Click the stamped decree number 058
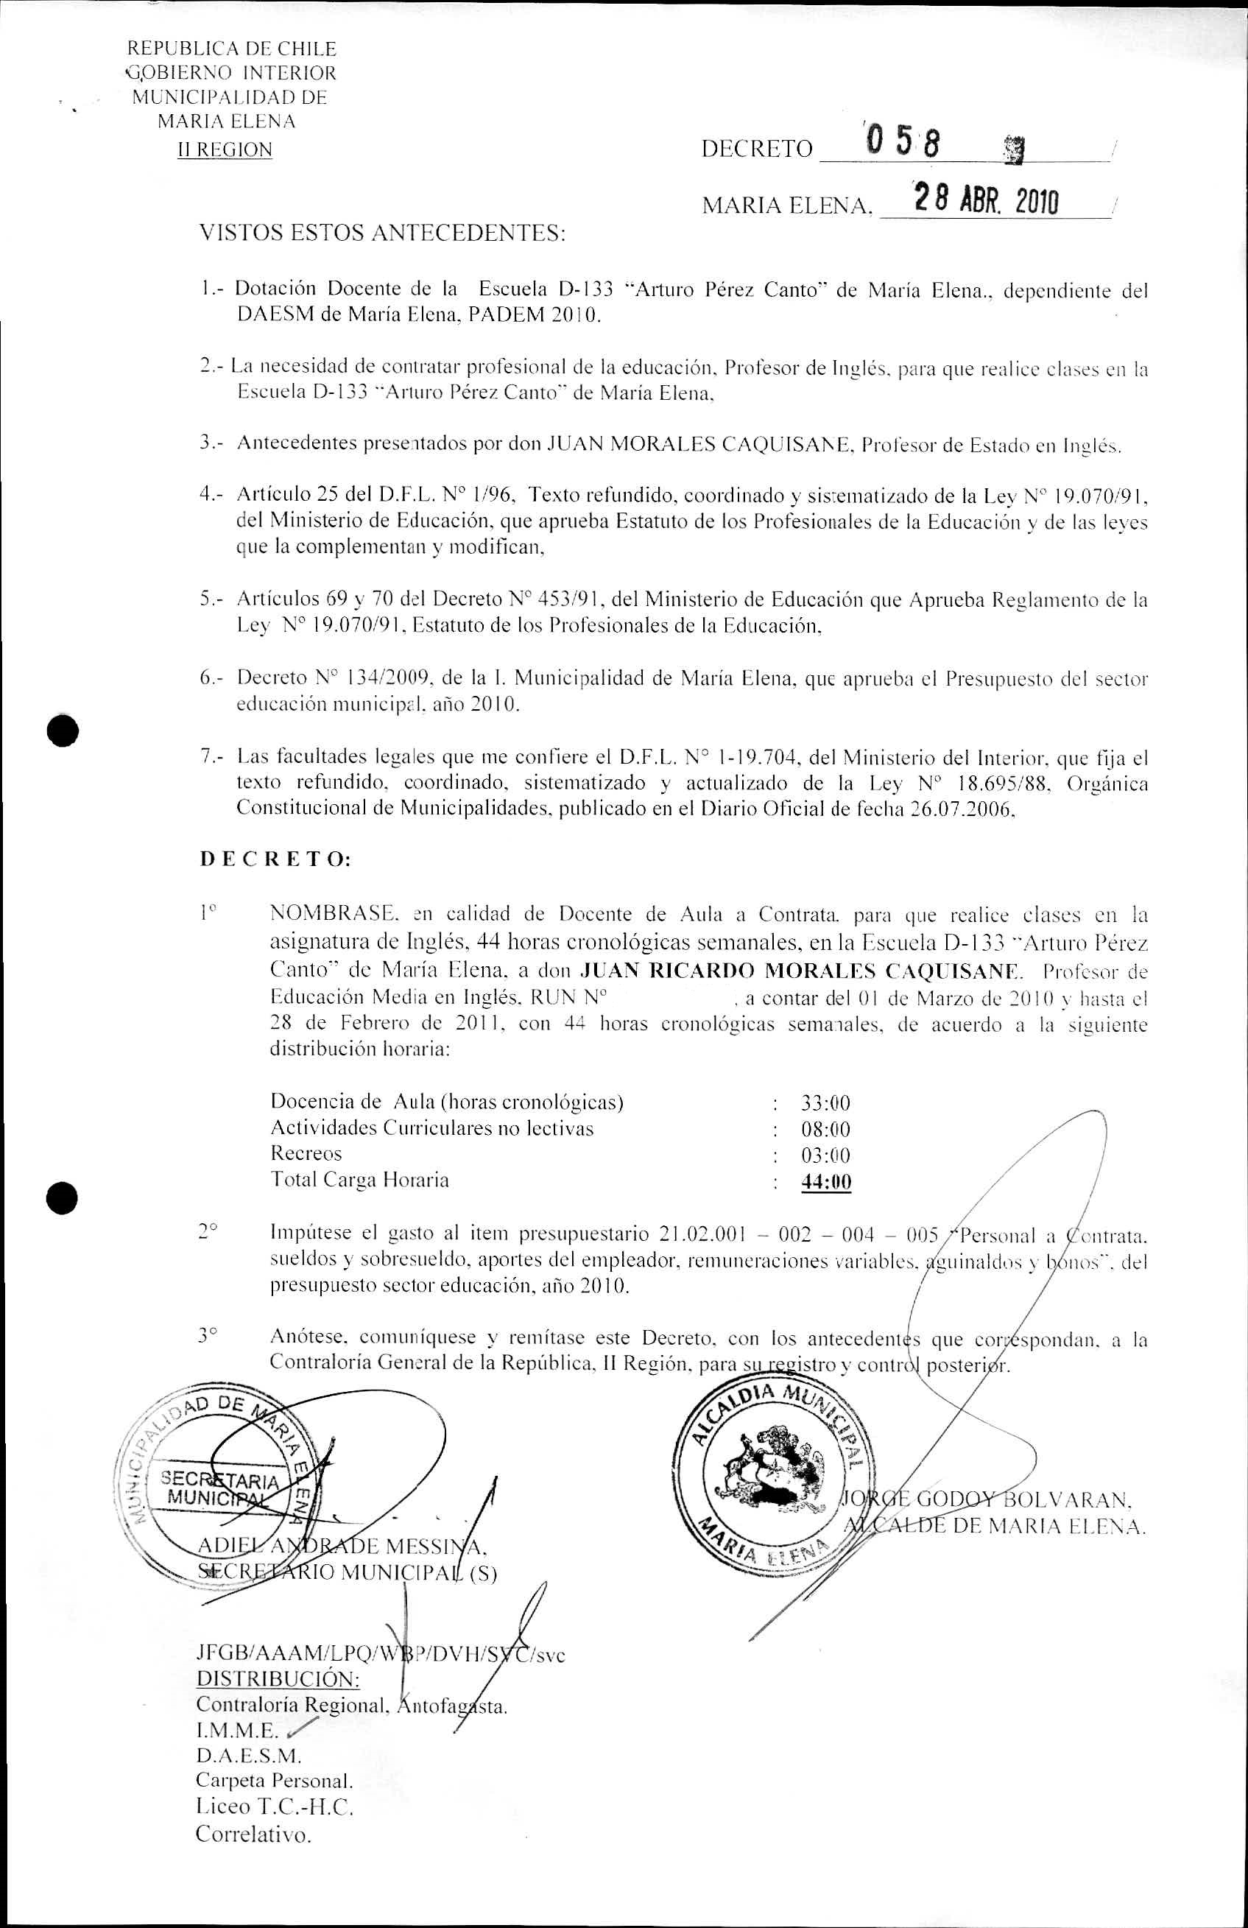pyautogui.click(x=904, y=144)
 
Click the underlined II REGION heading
pyautogui.click(x=225, y=150)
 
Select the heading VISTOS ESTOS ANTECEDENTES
pyautogui.click(x=381, y=233)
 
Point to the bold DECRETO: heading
pyautogui.click(x=275, y=860)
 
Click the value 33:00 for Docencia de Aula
pyautogui.click(x=825, y=1102)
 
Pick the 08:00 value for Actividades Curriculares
pyautogui.click(x=825, y=1129)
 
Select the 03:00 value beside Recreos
pyautogui.click(x=825, y=1155)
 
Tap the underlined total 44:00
pyautogui.click(x=826, y=1182)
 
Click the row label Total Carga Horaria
pyautogui.click(x=359, y=1180)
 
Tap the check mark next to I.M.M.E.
pyautogui.click(x=297, y=1726)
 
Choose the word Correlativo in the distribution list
pyautogui.click(x=253, y=1834)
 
